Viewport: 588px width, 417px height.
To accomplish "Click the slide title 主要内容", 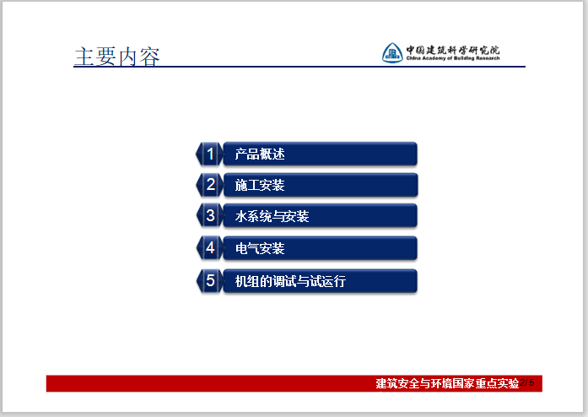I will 116,56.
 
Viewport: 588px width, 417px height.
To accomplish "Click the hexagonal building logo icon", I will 391,53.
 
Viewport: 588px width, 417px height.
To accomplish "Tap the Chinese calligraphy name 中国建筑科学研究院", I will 453,49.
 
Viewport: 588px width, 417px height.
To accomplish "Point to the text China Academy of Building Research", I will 453,58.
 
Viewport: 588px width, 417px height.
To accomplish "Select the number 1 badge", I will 210,154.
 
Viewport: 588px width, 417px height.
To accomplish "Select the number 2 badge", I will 210,185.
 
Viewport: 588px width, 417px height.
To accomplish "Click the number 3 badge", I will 210,216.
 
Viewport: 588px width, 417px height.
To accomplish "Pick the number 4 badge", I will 210,248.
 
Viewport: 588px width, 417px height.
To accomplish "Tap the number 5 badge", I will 210,281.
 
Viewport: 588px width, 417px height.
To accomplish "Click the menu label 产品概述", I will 260,154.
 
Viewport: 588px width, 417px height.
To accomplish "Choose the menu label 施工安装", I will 260,186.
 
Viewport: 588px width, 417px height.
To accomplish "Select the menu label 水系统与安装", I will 272,217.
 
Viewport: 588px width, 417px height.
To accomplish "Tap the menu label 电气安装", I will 260,249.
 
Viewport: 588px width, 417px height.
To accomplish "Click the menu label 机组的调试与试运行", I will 290,282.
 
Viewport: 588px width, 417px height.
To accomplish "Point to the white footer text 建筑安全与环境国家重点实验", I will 447,384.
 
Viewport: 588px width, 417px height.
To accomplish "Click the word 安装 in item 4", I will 272,249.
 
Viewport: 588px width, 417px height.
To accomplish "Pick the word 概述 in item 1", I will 272,154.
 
